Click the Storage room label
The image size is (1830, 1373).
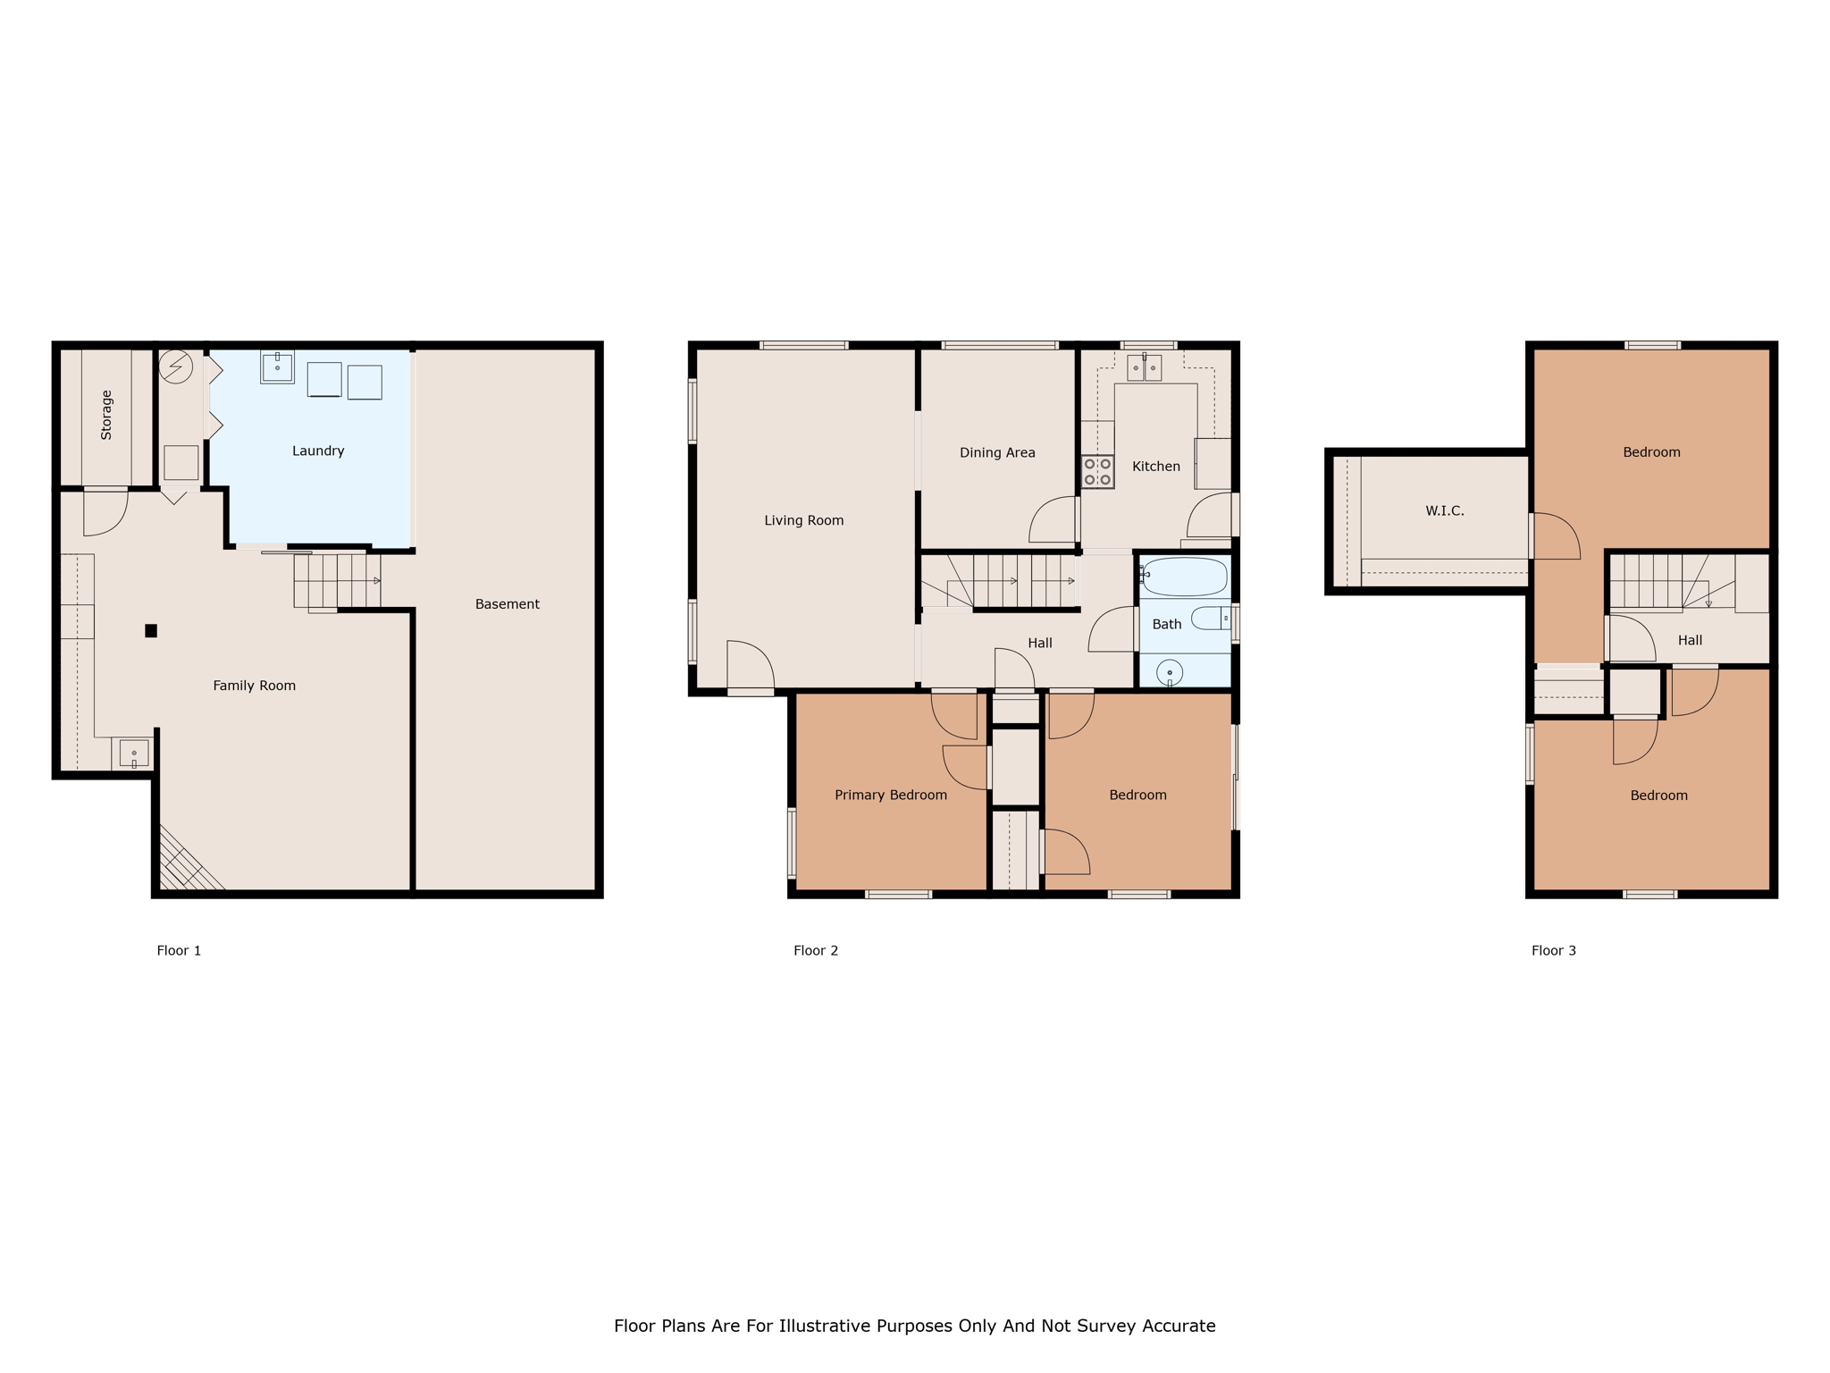[x=106, y=415]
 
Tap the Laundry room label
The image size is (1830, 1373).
[x=318, y=451]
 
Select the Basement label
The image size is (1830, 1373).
[x=508, y=604]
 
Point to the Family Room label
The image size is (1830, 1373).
[x=254, y=686]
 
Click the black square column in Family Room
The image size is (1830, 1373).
[x=151, y=631]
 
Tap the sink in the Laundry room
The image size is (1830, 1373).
[x=277, y=367]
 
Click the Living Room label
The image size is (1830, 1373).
[x=804, y=520]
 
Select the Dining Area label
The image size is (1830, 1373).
[x=997, y=452]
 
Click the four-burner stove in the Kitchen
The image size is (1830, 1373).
[x=1097, y=472]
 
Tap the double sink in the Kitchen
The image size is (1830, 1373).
[x=1144, y=367]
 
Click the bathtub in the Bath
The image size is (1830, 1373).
[x=1185, y=577]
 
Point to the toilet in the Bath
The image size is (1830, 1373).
[x=1212, y=618]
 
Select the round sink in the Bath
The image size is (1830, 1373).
[x=1170, y=672]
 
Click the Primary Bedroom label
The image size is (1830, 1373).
[x=891, y=795]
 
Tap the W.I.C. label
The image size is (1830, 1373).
[x=1445, y=510]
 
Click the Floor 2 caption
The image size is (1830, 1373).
[x=816, y=950]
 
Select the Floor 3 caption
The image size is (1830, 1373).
[x=1554, y=950]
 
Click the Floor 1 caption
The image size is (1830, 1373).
[x=179, y=950]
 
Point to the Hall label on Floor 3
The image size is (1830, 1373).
[x=1690, y=640]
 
